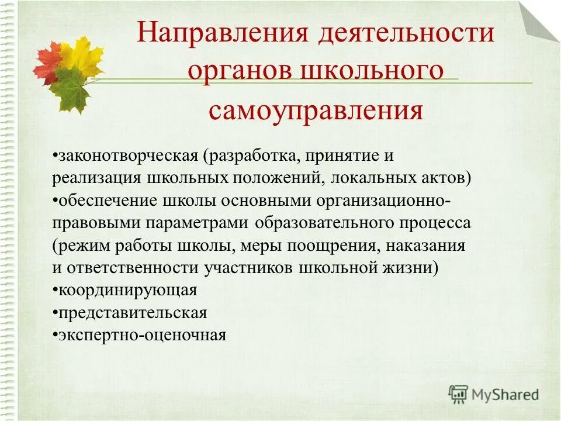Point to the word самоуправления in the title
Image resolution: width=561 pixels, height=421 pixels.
pyautogui.click(x=316, y=110)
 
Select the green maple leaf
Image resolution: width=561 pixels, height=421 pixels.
pyautogui.click(x=69, y=91)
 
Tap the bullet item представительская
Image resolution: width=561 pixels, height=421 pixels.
pyautogui.click(x=131, y=313)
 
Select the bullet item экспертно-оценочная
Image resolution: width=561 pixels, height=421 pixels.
pyautogui.click(x=141, y=335)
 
